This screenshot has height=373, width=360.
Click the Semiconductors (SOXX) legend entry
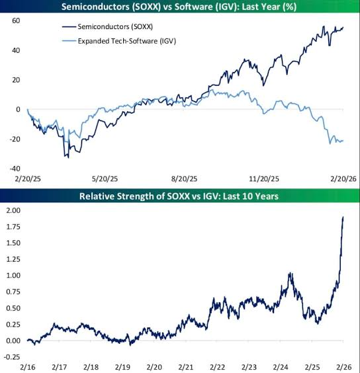coord(107,26)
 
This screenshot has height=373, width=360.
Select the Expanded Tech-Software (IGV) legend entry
coord(119,41)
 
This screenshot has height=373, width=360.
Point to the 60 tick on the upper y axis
coord(16,21)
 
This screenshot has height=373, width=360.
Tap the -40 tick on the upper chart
coord(15,169)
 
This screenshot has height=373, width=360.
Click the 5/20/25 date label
coord(105,179)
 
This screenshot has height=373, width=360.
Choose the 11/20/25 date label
coord(264,179)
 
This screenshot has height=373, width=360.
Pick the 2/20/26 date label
coord(343,179)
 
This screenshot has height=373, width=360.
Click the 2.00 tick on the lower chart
coord(13,210)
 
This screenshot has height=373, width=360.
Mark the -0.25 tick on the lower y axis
coord(12,357)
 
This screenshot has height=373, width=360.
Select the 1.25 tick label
coord(13,259)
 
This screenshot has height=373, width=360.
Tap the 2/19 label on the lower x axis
coord(122,367)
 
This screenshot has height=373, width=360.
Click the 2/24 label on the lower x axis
coord(281,367)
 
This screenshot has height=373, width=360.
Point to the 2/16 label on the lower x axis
coord(28,367)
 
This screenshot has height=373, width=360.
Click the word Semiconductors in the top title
coord(96,7)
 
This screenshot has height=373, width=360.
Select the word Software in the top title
coord(194,7)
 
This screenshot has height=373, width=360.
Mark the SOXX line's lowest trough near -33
coord(69,157)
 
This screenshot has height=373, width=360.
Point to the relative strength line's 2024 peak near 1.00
coord(290,273)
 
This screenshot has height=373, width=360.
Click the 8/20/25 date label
coord(184,179)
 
